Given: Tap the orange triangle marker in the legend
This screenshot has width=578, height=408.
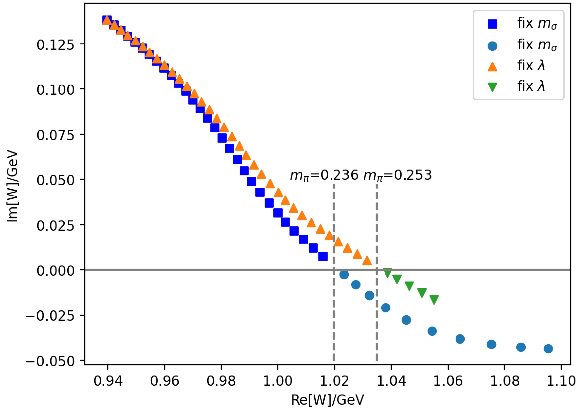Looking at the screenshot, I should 492,67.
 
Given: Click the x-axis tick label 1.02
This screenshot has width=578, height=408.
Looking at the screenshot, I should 334,381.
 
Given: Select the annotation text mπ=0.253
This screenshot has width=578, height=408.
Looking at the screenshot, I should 398,175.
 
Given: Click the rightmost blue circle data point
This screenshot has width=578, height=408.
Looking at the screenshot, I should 548,349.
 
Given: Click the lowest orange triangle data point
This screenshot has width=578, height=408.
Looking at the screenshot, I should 367,261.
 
